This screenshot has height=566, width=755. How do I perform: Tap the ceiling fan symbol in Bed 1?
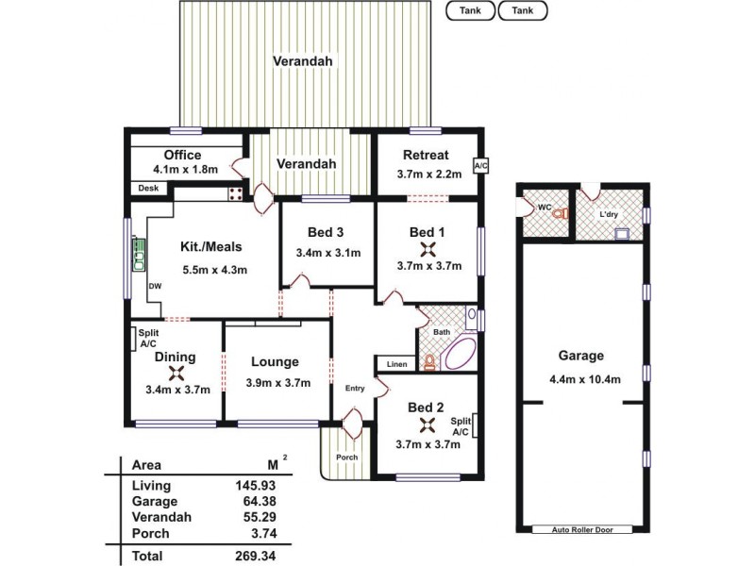click(x=428, y=249)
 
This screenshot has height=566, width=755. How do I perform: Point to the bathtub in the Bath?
click(x=460, y=355)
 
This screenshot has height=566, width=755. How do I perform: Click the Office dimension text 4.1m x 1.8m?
click(x=185, y=170)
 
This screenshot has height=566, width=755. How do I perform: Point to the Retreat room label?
click(x=426, y=155)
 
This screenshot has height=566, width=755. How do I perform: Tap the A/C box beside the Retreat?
click(x=479, y=166)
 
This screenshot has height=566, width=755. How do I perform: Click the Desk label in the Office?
click(x=149, y=189)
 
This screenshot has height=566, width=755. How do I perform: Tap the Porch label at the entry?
click(x=347, y=458)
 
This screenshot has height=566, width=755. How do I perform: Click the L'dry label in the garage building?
click(x=609, y=215)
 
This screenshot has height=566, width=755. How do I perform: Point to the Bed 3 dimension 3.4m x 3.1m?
click(x=326, y=253)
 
